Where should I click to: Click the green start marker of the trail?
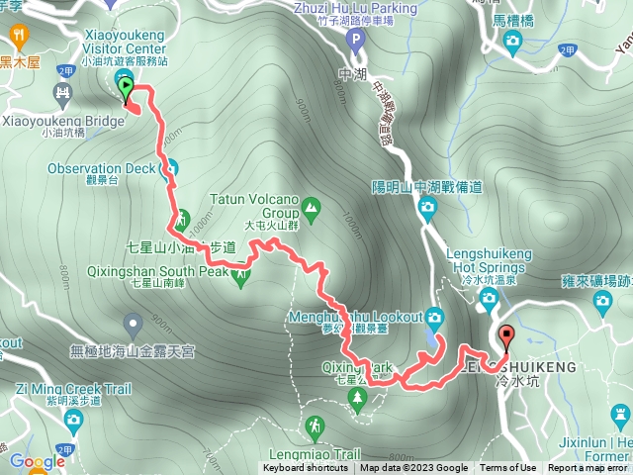click(126, 89)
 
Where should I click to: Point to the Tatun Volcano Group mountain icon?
click(312, 207)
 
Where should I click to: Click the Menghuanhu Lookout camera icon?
click(435, 317)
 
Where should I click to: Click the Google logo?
click(37, 461)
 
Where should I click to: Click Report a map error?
click(588, 468)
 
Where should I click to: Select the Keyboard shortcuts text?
click(305, 468)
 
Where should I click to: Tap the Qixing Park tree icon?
click(357, 398)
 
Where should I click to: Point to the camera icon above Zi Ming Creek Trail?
click(72, 422)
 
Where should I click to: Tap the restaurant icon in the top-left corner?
click(20, 37)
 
